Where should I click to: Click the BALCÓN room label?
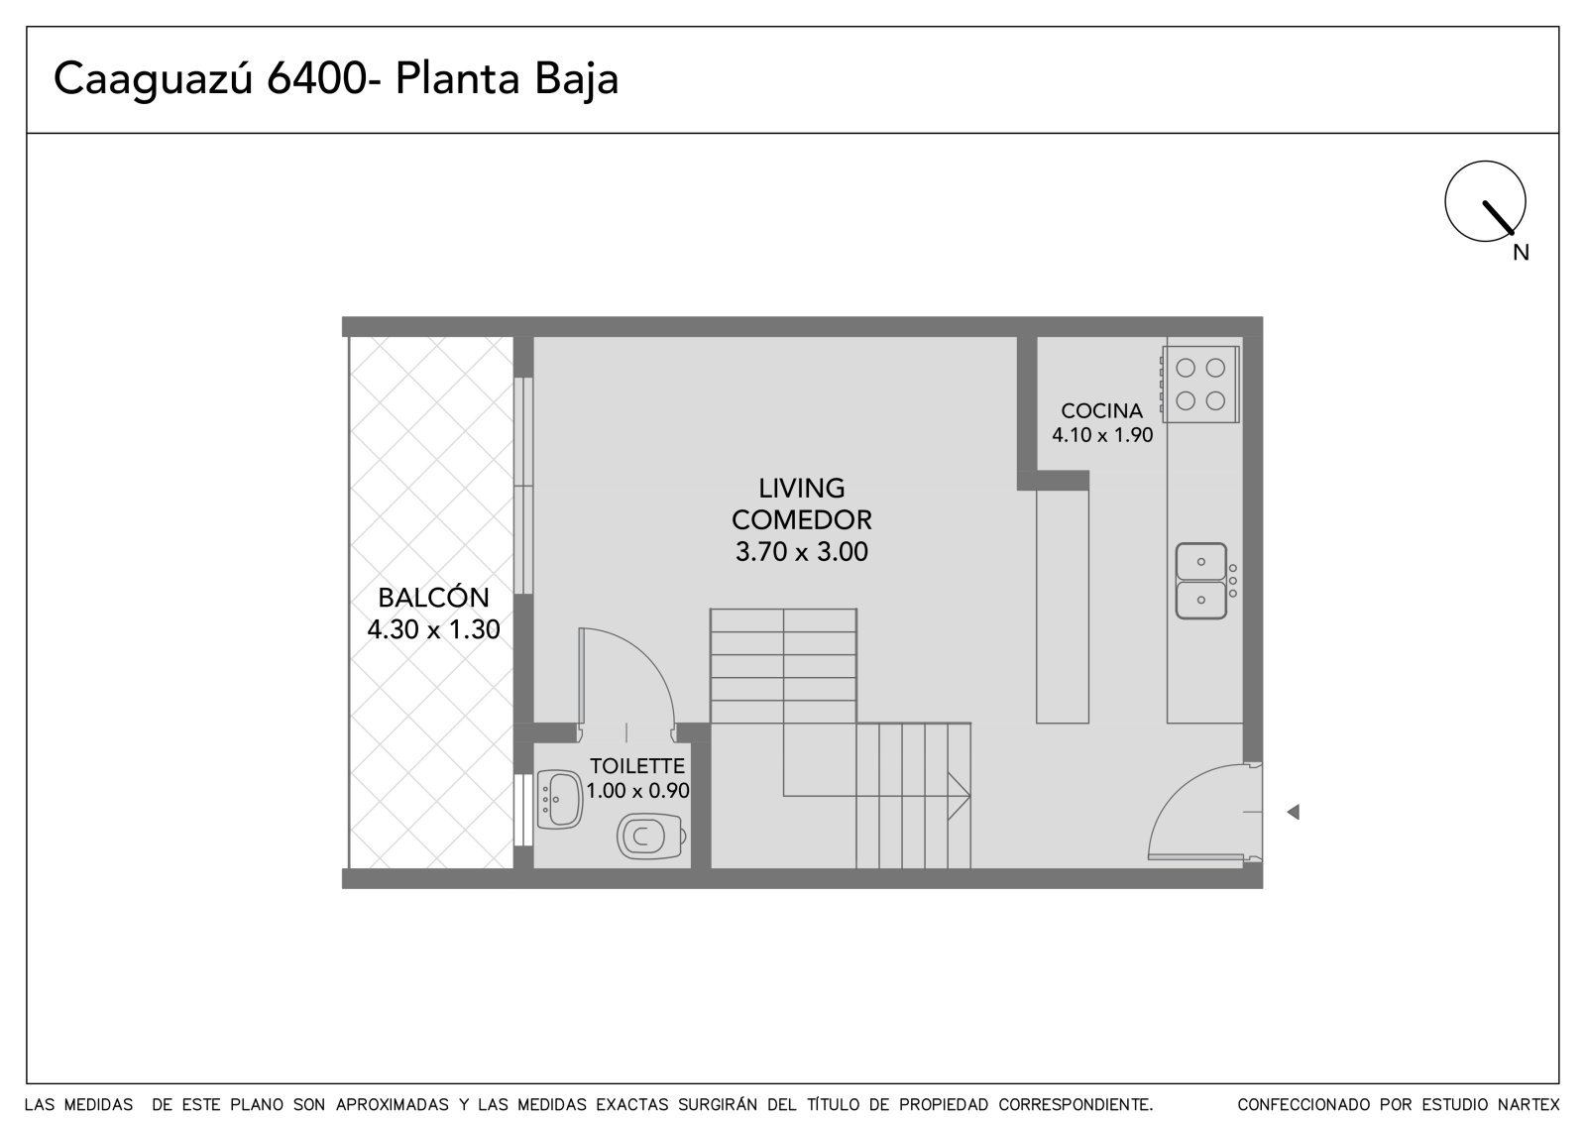(433, 597)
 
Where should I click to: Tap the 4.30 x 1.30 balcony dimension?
(433, 628)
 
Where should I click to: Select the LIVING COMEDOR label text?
(802, 504)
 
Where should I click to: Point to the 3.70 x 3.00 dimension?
(802, 551)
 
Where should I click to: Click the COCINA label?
(1101, 410)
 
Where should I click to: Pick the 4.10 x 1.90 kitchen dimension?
(1102, 435)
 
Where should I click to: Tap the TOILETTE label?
(637, 765)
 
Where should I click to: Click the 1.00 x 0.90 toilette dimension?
(638, 790)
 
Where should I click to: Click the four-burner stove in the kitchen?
(1199, 384)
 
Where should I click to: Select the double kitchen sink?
(1201, 581)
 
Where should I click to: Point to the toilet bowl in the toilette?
(650, 837)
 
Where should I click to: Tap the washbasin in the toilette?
(559, 800)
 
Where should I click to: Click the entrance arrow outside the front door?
(1293, 812)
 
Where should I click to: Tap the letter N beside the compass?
(1521, 253)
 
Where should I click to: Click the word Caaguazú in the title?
(153, 79)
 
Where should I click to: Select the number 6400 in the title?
(316, 78)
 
